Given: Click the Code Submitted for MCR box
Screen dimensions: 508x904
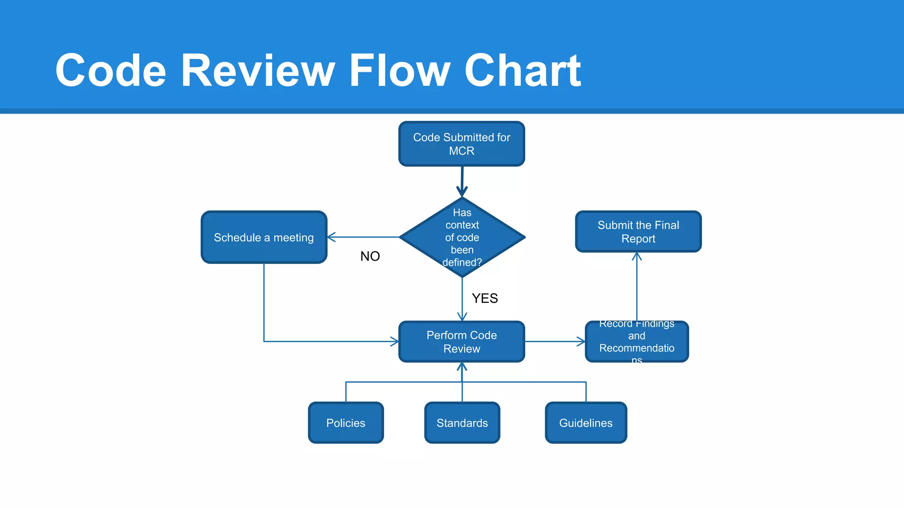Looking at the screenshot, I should tap(461, 144).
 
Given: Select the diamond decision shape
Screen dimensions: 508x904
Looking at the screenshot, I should tap(462, 237).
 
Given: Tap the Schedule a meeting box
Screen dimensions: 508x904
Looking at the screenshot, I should tap(264, 237).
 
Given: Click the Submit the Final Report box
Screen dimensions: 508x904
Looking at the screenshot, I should tap(638, 232).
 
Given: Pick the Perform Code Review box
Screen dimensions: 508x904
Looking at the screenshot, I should tap(461, 342).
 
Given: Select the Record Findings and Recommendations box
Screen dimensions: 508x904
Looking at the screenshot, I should tap(637, 342).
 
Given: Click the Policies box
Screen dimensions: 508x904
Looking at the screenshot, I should tap(346, 422).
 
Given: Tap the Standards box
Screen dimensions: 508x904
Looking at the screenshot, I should tap(462, 422).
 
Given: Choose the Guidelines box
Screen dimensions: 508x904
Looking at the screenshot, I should tap(586, 422).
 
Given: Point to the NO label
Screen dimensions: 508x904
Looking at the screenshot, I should tap(370, 256).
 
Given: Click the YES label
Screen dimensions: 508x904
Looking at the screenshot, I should tap(485, 299).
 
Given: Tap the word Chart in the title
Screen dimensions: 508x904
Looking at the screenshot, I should tap(523, 71).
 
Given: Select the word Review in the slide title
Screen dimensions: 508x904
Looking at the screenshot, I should tap(258, 71).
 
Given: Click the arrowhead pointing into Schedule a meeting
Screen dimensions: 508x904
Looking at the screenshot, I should tap(331, 237).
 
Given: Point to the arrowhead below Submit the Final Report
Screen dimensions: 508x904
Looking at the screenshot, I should tap(637, 256).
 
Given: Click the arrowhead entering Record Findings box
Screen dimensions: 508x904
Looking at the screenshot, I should tap(581, 342).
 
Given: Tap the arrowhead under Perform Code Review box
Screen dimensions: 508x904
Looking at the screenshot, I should tap(462, 366).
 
